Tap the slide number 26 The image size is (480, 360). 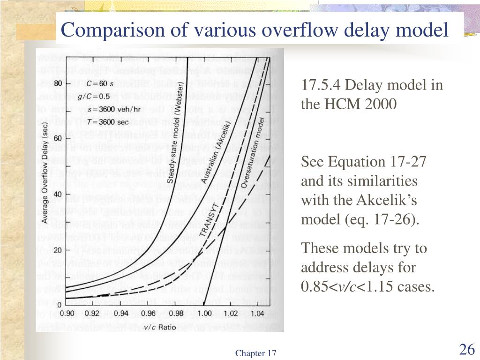[x=467, y=350]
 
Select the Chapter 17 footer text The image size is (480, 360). [x=256, y=353]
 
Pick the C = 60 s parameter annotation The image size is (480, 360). [x=100, y=84]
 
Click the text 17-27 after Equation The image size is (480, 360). [x=408, y=162]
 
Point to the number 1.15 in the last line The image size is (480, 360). [x=380, y=286]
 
